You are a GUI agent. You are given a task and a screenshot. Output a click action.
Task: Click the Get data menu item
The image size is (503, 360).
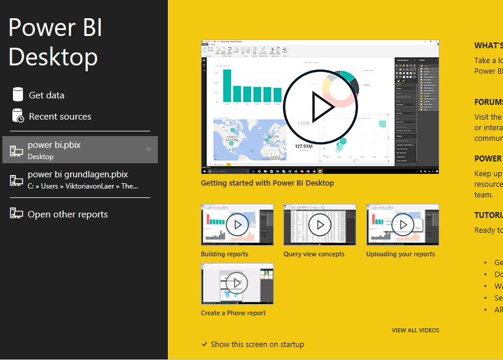tap(47, 95)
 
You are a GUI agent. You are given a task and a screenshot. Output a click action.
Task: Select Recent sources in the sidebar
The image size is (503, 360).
tap(59, 117)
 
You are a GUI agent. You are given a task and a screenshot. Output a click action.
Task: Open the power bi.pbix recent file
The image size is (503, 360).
tap(54, 144)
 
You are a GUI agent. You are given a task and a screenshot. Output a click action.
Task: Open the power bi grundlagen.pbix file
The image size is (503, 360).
tap(78, 174)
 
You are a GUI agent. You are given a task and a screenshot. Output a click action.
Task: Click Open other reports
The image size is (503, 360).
tap(67, 214)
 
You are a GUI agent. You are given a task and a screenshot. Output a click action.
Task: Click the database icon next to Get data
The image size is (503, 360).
tap(18, 94)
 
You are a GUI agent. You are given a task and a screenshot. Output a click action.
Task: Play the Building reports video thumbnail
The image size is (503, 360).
tap(237, 224)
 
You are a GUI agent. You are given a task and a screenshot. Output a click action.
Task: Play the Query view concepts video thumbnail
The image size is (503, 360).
tap(320, 224)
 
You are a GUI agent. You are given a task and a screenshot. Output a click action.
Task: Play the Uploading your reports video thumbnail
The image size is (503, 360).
tap(403, 224)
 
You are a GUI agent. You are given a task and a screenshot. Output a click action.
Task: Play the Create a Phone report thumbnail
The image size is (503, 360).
tap(237, 283)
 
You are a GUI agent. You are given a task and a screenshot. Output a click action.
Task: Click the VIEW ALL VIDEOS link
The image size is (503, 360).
tap(415, 331)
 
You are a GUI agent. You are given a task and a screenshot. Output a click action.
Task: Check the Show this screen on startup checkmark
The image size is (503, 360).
tap(204, 344)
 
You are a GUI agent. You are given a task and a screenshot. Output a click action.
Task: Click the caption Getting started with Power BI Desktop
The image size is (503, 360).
tap(267, 183)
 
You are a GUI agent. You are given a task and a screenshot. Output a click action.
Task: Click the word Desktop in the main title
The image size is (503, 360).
tap(53, 57)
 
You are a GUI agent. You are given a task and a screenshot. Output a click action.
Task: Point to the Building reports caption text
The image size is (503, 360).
tap(224, 255)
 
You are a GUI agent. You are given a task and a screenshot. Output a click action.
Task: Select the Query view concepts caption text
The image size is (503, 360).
tap(314, 255)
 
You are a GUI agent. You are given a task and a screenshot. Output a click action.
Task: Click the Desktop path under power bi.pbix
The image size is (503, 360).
tap(41, 157)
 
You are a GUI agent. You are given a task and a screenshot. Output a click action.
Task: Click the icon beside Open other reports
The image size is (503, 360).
tap(16, 214)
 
